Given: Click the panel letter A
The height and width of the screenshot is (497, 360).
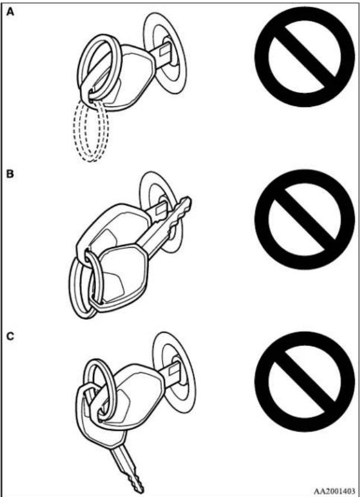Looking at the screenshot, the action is point(11,13).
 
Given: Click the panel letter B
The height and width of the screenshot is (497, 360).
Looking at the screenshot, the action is point(11,174).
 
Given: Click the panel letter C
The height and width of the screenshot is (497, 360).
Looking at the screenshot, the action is point(11,336).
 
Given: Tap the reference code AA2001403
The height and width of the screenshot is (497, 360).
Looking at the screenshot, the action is point(334,491).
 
